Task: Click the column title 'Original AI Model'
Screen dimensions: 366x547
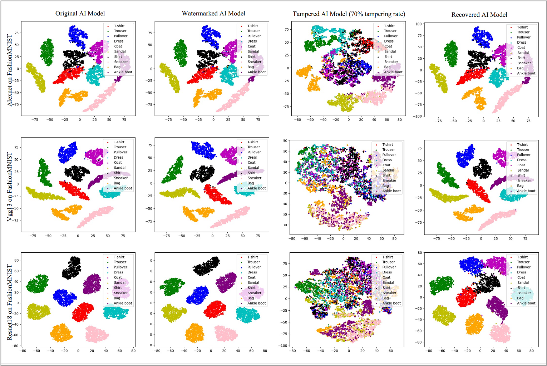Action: [80, 14]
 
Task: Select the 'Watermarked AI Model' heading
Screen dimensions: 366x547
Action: [213, 14]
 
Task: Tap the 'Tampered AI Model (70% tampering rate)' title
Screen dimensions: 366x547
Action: [349, 14]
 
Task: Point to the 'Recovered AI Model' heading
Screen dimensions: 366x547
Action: [479, 15]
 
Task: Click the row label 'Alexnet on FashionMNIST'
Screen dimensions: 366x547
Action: [10, 70]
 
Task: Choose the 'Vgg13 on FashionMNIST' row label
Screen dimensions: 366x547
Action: [10, 187]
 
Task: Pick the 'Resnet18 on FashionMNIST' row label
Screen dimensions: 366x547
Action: [10, 302]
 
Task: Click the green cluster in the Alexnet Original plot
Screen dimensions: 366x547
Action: [47, 52]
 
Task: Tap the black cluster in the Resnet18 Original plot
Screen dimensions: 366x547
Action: [72, 268]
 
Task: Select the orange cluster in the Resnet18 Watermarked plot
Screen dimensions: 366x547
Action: [195, 333]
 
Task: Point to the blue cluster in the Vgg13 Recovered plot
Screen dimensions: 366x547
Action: [465, 155]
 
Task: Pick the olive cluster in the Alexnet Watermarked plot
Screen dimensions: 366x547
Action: [169, 78]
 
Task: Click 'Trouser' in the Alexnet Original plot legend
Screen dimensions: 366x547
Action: [120, 31]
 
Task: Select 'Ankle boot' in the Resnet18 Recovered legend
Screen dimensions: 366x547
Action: [526, 303]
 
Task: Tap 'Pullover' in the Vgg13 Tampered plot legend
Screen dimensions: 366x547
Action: [389, 155]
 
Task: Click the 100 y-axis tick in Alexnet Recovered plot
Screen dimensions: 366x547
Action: [419, 24]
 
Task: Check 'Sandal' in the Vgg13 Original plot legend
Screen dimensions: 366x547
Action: [120, 168]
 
